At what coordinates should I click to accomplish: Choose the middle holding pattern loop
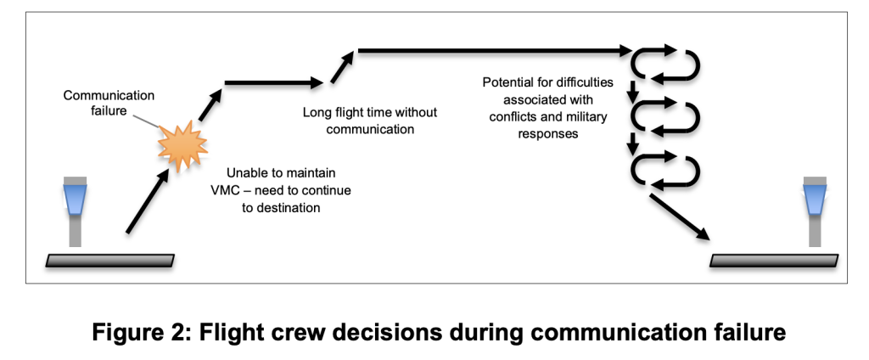click(667, 116)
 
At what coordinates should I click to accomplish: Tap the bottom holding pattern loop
click(667, 168)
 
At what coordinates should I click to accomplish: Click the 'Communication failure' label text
click(98, 103)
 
